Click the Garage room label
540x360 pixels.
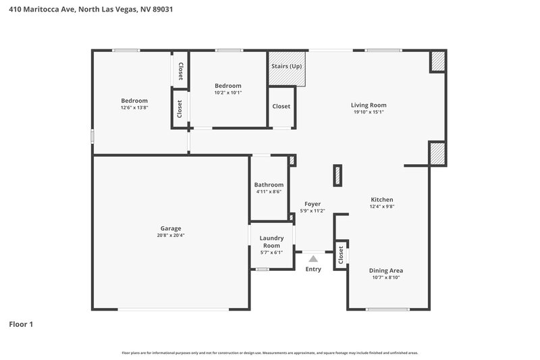pyautogui.click(x=170, y=228)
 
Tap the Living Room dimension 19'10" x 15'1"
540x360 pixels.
pyautogui.click(x=368, y=112)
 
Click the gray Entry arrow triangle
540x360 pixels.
pyautogui.click(x=313, y=257)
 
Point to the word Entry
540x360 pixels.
pyautogui.click(x=313, y=269)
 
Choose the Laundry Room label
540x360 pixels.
pyautogui.click(x=271, y=241)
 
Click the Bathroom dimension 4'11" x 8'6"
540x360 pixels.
pyautogui.click(x=269, y=192)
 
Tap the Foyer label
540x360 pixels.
pyautogui.click(x=313, y=203)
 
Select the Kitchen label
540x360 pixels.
pyautogui.click(x=381, y=199)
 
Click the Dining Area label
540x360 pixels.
pyautogui.click(x=386, y=270)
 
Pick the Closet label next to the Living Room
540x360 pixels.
pyautogui.click(x=281, y=106)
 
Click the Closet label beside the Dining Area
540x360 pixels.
pyautogui.click(x=341, y=255)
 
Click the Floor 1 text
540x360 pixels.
pyautogui.click(x=21, y=324)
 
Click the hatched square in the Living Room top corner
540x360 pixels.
pyautogui.click(x=438, y=61)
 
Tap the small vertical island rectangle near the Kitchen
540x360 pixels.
pyautogui.click(x=336, y=176)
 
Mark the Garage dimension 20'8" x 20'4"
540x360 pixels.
pyautogui.click(x=170, y=236)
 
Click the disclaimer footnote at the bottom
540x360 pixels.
pyautogui.click(x=270, y=353)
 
